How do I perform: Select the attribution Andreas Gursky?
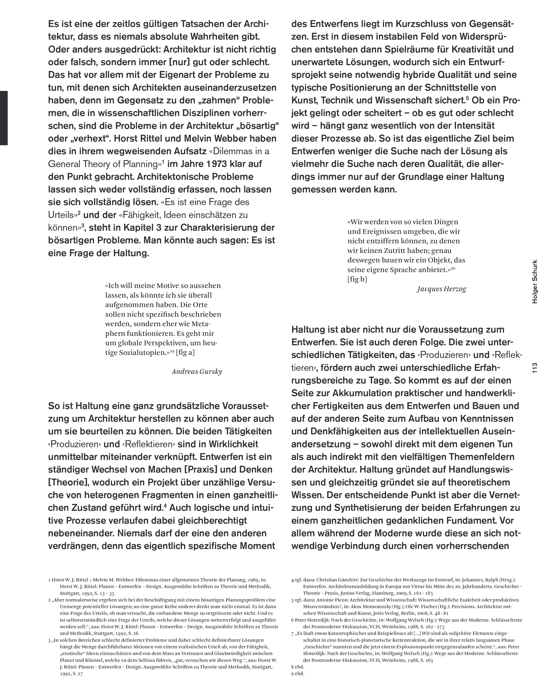[197, 371]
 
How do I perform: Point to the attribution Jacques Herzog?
[441, 289]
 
